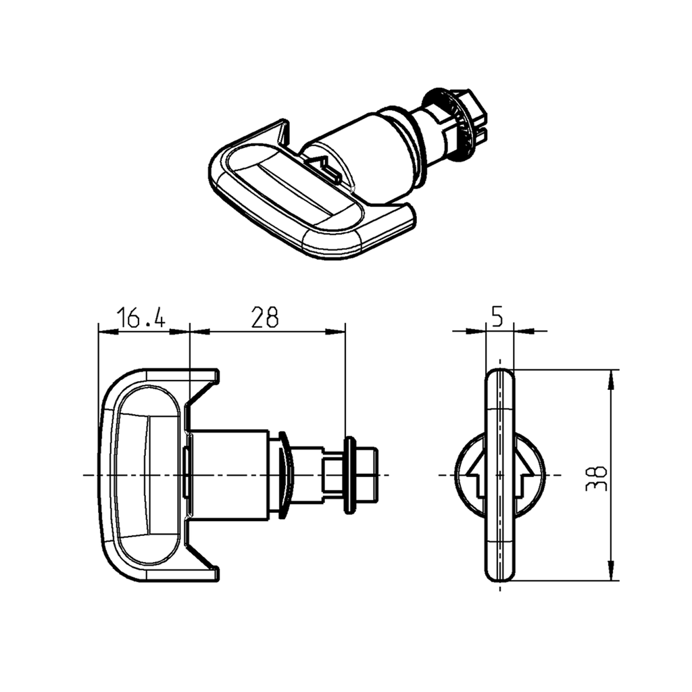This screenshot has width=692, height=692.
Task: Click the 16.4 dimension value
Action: click(141, 317)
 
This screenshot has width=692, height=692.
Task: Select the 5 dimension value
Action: click(497, 316)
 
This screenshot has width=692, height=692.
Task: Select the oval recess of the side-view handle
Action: click(145, 474)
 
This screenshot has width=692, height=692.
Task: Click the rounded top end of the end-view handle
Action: click(500, 376)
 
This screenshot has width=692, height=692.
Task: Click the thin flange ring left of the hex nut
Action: click(350, 474)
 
